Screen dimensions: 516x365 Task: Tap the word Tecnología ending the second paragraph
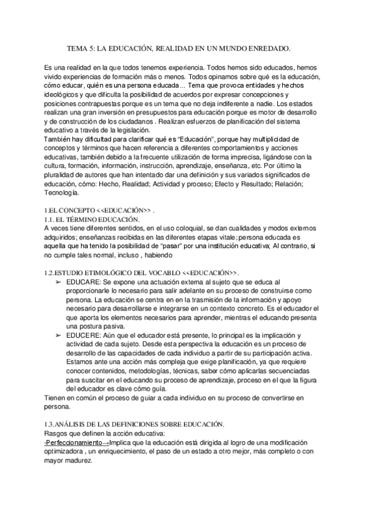click(62, 193)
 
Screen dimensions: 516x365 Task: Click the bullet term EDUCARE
click(79, 282)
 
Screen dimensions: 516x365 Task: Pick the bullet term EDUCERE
click(79, 335)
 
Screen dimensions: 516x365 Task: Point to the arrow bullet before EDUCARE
click(58, 282)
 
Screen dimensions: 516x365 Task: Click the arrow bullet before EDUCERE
click(58, 335)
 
